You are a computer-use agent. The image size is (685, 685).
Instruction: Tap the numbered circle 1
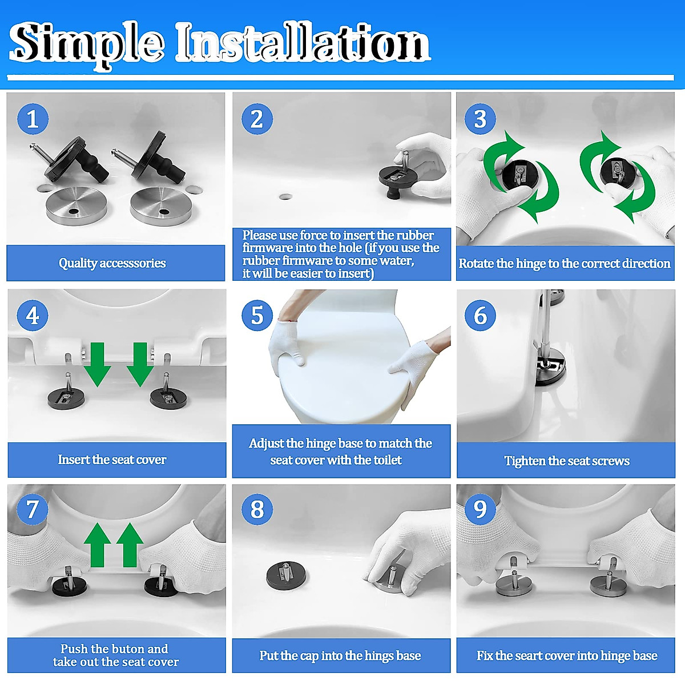pos(33,119)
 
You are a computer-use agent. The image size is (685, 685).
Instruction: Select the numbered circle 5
pos(257,315)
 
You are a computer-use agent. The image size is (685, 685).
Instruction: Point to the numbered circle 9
pos(480,509)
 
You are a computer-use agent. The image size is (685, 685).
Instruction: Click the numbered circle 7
pos(33,509)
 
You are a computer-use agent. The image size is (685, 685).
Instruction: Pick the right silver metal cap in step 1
pos(160,207)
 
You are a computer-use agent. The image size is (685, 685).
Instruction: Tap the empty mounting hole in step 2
pos(286,196)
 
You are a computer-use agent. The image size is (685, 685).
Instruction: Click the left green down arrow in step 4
pos(98,364)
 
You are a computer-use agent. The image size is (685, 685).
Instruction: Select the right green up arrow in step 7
pos(130,545)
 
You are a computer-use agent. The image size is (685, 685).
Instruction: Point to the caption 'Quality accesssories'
pos(112,263)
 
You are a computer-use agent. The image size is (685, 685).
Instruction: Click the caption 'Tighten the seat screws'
pos(567,461)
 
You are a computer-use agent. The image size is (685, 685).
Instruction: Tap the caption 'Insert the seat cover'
pos(112,460)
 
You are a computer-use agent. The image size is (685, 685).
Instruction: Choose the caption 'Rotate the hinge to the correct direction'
pos(565,263)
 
